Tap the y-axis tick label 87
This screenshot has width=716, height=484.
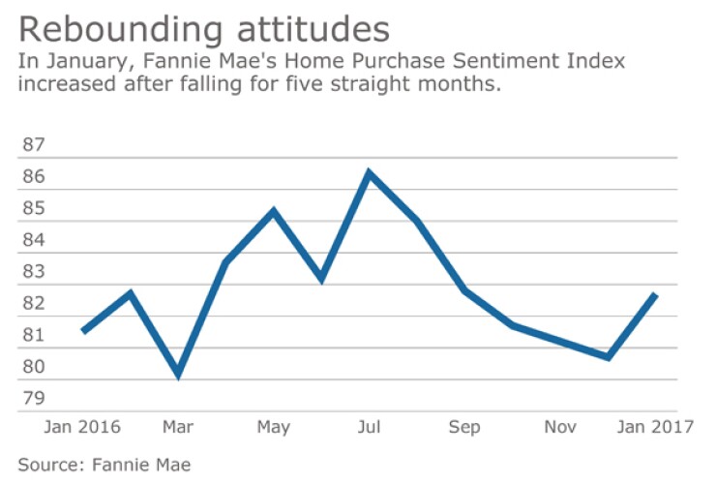(34, 145)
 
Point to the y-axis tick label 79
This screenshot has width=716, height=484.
(34, 399)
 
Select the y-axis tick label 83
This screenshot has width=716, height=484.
(34, 272)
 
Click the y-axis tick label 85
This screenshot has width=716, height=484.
(34, 208)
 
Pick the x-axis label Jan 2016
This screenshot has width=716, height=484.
(82, 428)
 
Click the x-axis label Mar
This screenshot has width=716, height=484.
(178, 428)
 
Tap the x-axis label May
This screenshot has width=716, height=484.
(274, 428)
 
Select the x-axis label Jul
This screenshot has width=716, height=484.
(369, 428)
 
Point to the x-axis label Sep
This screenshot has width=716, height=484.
(464, 428)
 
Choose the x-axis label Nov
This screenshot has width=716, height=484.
(560, 428)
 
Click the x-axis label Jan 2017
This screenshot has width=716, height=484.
(655, 428)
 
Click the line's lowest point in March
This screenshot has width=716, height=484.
(178, 374)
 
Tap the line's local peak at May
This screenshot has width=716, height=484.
(274, 210)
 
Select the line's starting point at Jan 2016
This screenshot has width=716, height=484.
(82, 331)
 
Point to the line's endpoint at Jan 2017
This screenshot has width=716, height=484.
(657, 294)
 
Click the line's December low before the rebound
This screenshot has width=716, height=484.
(608, 357)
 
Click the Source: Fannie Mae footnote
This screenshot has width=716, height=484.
(104, 465)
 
